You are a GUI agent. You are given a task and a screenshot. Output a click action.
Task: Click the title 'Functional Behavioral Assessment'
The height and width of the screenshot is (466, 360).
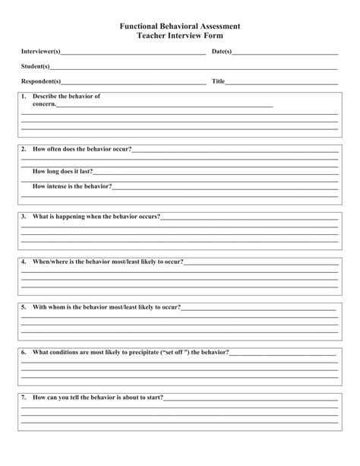click(180, 25)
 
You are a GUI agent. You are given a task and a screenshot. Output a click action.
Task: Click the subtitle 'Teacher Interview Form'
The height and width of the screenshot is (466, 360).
click(180, 35)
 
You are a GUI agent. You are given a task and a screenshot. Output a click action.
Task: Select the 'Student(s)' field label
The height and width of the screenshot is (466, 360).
click(36, 66)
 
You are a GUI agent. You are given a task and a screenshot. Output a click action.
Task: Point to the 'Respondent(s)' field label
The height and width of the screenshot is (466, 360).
click(41, 81)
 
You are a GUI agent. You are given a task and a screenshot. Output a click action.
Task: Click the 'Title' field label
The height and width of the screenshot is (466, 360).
click(218, 81)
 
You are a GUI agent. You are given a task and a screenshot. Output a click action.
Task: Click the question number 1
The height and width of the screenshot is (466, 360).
click(24, 97)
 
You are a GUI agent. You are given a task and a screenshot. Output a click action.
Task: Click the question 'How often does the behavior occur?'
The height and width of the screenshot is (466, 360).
click(82, 149)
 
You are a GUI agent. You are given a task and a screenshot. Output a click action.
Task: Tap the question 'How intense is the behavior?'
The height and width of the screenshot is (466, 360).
click(72, 186)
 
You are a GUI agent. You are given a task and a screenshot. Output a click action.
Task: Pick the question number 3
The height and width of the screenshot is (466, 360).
click(24, 217)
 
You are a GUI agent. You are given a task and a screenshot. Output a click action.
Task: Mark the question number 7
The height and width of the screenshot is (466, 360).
click(24, 397)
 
